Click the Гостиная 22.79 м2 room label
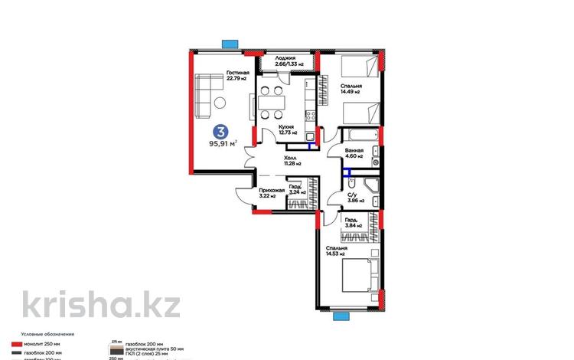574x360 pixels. click(x=238, y=77)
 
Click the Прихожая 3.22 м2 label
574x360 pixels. click(x=272, y=193)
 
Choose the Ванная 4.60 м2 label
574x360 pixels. click(x=354, y=154)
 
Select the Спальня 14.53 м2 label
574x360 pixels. click(x=335, y=251)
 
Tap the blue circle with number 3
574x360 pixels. click(x=220, y=131)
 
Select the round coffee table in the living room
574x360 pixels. click(x=219, y=103)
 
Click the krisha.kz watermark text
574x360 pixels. click(x=101, y=304)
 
